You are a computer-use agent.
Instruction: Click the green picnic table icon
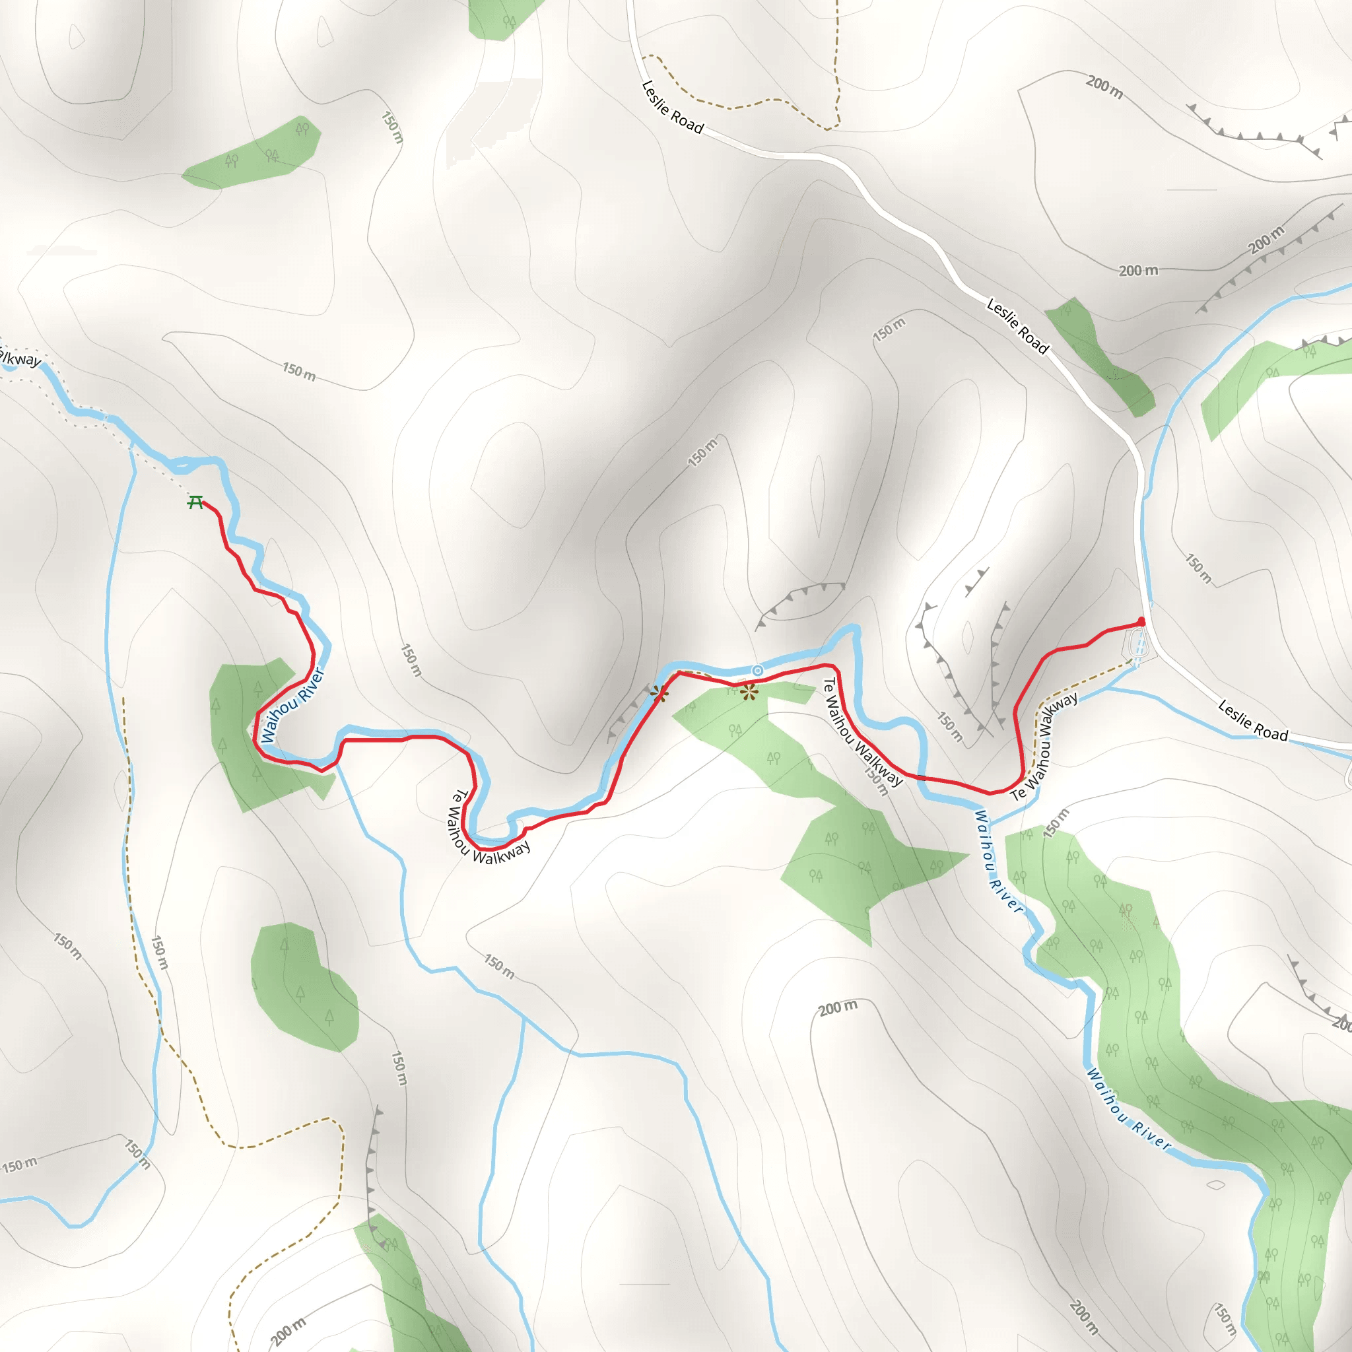[196, 502]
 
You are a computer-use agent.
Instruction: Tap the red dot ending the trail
[1141, 621]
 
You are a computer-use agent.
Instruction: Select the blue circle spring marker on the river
[757, 671]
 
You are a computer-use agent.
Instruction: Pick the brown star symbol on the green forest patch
[749, 693]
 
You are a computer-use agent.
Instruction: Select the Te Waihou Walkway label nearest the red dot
[1044, 746]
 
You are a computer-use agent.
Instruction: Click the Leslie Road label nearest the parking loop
[1252, 721]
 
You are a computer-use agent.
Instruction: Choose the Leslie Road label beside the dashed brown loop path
[672, 107]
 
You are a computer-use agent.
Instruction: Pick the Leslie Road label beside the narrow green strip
[1017, 326]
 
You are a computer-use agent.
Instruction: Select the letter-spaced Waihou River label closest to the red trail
[999, 862]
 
